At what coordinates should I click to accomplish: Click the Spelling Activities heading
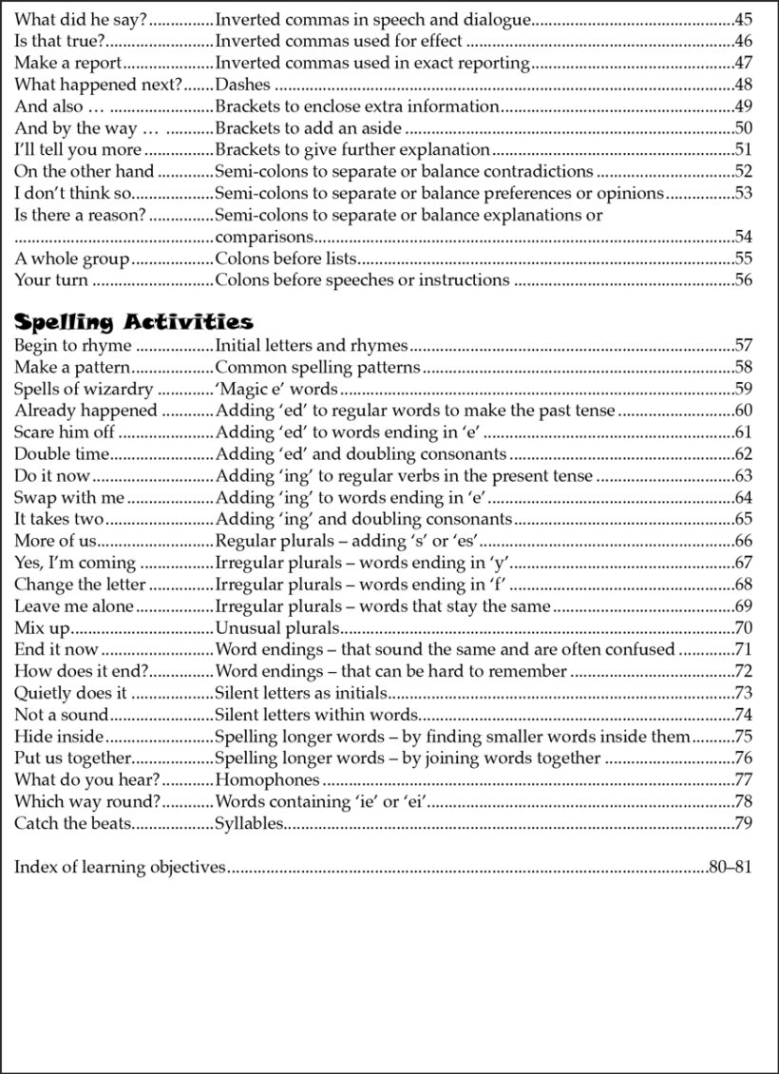coord(133,321)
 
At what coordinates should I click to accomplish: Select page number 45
coord(743,19)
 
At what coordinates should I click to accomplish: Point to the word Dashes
coord(244,85)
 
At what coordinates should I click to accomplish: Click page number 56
coord(743,280)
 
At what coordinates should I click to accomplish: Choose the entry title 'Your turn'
coord(51,280)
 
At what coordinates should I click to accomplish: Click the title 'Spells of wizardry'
coord(83,389)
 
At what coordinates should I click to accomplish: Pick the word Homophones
coord(268,780)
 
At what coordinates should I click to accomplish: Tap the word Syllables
coord(250,823)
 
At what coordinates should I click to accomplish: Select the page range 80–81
coord(731,867)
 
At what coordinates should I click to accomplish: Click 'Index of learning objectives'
coord(120,867)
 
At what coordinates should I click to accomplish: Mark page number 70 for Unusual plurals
coord(743,628)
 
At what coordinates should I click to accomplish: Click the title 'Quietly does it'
coord(70,693)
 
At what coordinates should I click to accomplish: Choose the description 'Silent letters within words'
coord(317,715)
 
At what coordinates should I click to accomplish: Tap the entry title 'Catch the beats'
coord(73,823)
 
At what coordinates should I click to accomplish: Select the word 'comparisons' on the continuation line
coord(264,237)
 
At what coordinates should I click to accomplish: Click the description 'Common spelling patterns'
coord(318,367)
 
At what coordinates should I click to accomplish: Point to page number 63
coord(743,476)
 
